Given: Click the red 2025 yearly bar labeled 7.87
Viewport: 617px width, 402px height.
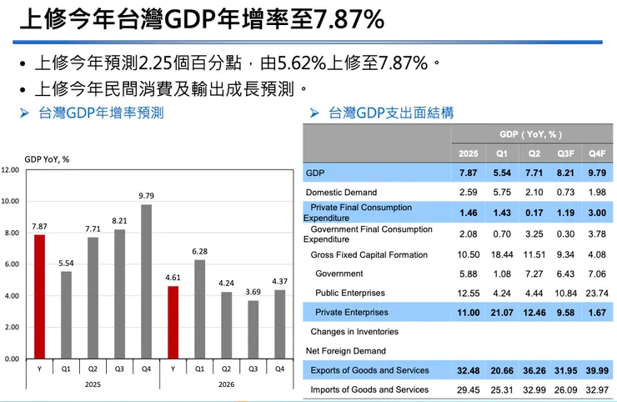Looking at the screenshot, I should pos(39,296).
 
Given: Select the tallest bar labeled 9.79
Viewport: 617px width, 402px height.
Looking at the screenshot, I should pos(147,281).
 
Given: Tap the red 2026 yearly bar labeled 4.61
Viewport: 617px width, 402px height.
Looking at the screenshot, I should pos(173,322).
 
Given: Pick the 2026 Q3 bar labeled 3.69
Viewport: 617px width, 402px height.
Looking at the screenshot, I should pos(253,329).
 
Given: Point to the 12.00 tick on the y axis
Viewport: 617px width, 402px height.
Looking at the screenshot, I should pos(10,170).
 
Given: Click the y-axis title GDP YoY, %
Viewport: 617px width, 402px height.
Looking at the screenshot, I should pos(47,158).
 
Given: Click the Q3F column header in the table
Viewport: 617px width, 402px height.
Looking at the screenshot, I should pos(565,153).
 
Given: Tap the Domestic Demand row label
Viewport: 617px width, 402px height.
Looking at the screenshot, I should pos(342,193).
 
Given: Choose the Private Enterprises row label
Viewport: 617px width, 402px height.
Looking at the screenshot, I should pos(351,313).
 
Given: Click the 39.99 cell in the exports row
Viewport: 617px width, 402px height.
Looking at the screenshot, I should pos(596,370).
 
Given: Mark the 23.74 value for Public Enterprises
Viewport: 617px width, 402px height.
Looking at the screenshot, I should pos(596,294).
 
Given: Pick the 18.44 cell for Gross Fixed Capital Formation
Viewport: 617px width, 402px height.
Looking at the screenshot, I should pos(501,255).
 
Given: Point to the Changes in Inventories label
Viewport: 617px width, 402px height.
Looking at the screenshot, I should pos(354,332).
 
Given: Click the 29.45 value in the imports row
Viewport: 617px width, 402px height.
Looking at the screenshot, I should pos(469,389).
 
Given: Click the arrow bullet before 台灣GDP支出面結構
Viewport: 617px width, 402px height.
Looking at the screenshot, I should pos(314,113).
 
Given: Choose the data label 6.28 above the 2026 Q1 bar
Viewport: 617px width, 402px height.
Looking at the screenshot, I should pos(199,251).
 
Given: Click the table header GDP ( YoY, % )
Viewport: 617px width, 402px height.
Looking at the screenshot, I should pos(531,134).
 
